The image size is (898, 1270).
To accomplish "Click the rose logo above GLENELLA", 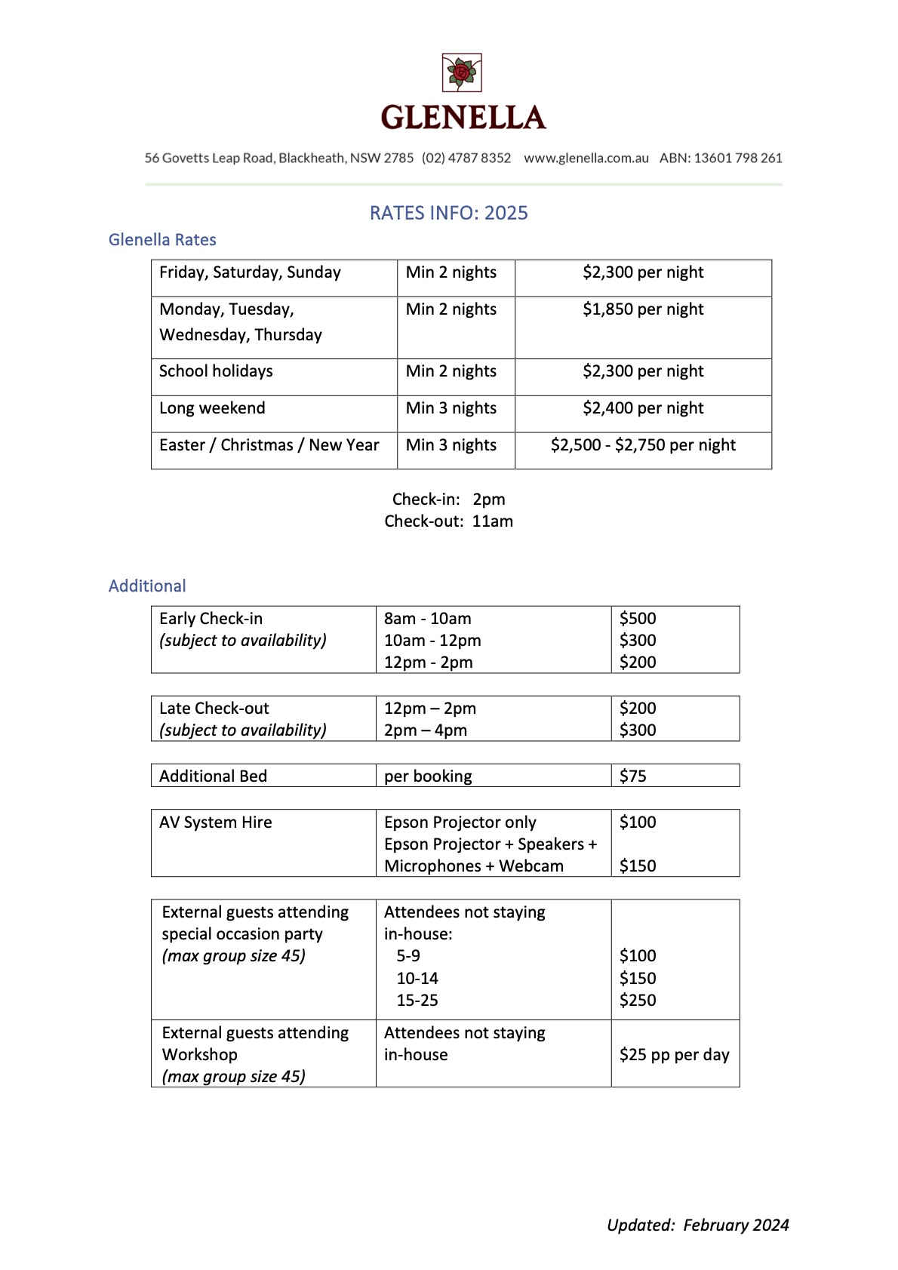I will click(461, 73).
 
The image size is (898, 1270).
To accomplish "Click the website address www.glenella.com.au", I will click(586, 158).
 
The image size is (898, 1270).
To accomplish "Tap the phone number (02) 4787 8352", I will click(466, 158).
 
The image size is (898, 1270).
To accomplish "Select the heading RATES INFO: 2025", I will click(448, 213).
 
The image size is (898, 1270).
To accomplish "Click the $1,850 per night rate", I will click(643, 309).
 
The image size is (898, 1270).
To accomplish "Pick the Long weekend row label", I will click(212, 408).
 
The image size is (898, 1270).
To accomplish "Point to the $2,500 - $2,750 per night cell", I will click(643, 445).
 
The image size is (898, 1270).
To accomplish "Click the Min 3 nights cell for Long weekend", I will click(451, 408).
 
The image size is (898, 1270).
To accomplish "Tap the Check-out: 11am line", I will click(448, 521).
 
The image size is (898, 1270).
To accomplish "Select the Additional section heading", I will click(147, 586).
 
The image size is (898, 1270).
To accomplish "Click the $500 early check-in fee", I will click(638, 619).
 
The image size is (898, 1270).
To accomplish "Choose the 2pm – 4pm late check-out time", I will click(426, 730).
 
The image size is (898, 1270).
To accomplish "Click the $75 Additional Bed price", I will click(632, 776).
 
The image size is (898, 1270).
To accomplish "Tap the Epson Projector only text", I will click(460, 823).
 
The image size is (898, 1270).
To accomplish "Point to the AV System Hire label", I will click(216, 823).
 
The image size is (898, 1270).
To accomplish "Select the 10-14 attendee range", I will click(417, 979).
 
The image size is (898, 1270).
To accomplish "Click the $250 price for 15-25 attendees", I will click(638, 1001).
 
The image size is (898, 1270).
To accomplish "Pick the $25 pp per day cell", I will click(674, 1055).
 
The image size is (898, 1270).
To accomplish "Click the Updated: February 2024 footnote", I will click(697, 1225).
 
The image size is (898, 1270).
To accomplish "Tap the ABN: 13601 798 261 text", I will click(721, 158).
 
